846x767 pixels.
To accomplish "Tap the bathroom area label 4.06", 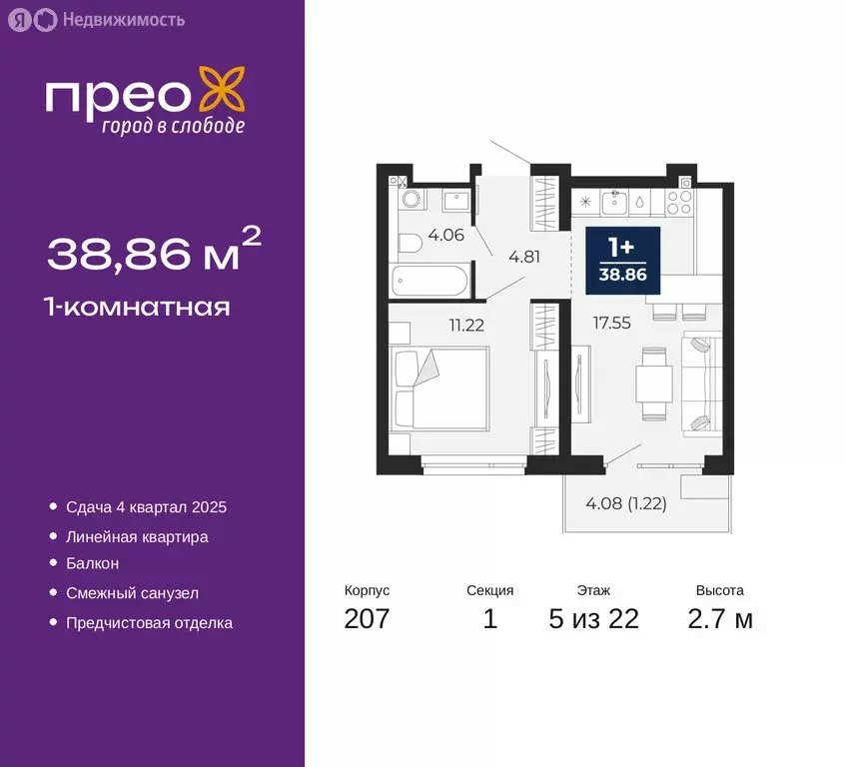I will [x=441, y=236].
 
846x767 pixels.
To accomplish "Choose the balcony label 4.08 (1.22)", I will [x=626, y=503].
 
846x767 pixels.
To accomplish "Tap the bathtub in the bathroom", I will [x=429, y=281].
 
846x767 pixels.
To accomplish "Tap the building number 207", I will [x=367, y=619].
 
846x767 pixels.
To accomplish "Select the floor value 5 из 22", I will [x=593, y=619].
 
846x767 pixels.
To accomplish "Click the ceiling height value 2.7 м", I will [x=720, y=619].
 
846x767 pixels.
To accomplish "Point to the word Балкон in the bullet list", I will [x=92, y=564].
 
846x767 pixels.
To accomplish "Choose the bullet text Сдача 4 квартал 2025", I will [x=146, y=507].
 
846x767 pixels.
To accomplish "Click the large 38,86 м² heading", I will [x=154, y=254].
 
